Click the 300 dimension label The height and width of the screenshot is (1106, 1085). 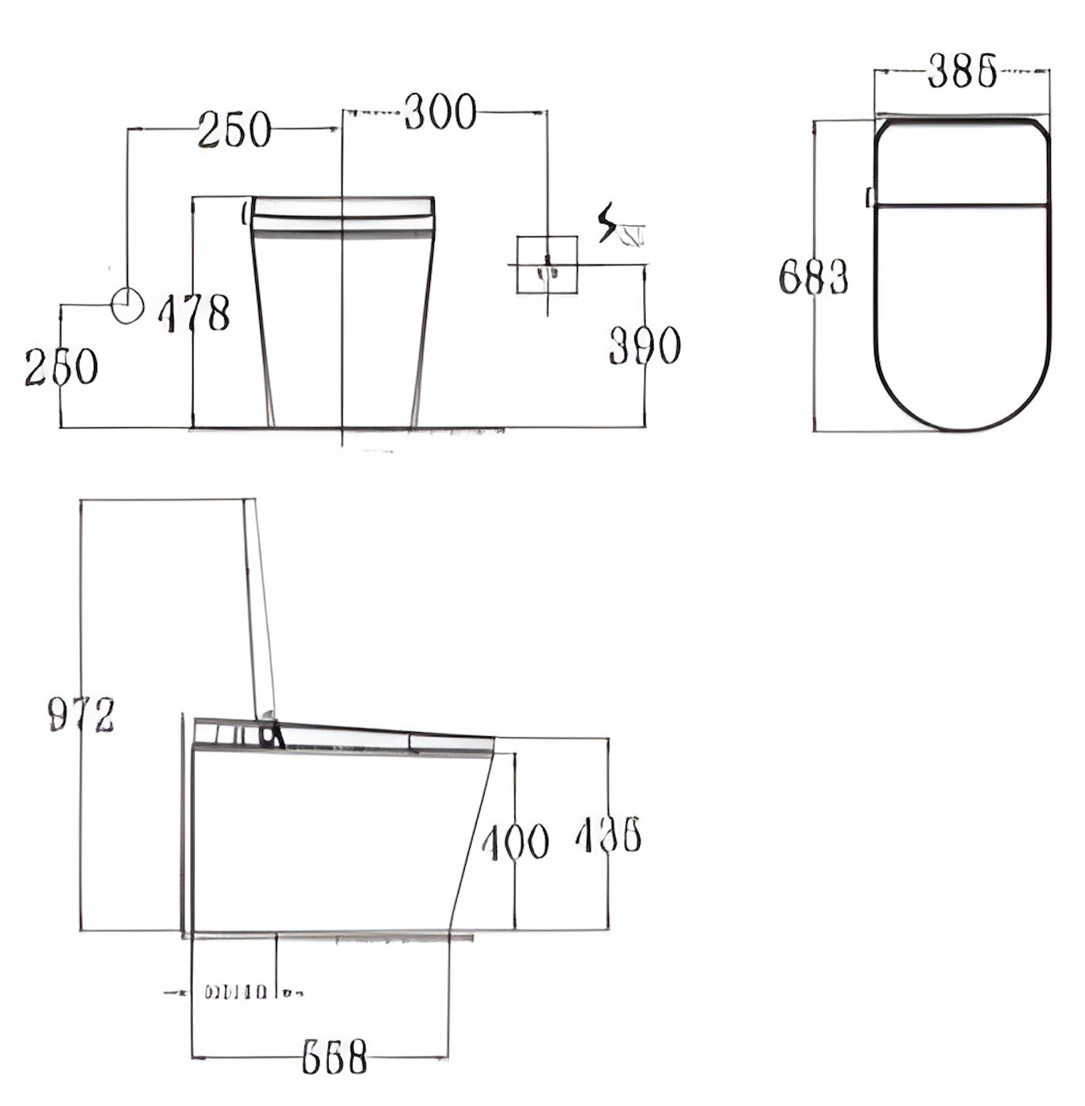pyautogui.click(x=440, y=112)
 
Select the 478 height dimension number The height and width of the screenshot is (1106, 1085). pyautogui.click(x=195, y=313)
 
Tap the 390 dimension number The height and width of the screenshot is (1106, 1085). pyautogui.click(x=645, y=346)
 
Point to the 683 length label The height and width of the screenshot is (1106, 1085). pyautogui.click(x=813, y=277)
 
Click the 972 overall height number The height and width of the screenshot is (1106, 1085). pyautogui.click(x=81, y=714)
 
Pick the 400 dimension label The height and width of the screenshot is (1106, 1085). pyautogui.click(x=515, y=842)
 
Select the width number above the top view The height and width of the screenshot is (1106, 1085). pyautogui.click(x=962, y=71)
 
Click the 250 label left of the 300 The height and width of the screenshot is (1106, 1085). pyautogui.click(x=234, y=130)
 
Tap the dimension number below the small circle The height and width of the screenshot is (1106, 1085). pyautogui.click(x=61, y=367)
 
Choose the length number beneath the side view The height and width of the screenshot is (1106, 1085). pyautogui.click(x=335, y=1057)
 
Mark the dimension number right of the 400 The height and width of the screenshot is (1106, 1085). pyautogui.click(x=608, y=836)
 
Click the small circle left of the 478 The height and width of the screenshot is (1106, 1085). pyautogui.click(x=127, y=306)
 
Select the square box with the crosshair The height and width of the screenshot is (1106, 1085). pyautogui.click(x=547, y=265)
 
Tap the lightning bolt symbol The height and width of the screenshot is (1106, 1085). pyautogui.click(x=608, y=223)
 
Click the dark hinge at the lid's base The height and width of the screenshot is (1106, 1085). pyautogui.click(x=272, y=735)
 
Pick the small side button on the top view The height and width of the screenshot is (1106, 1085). pyautogui.click(x=870, y=196)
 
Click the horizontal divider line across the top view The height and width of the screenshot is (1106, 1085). pyautogui.click(x=962, y=205)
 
